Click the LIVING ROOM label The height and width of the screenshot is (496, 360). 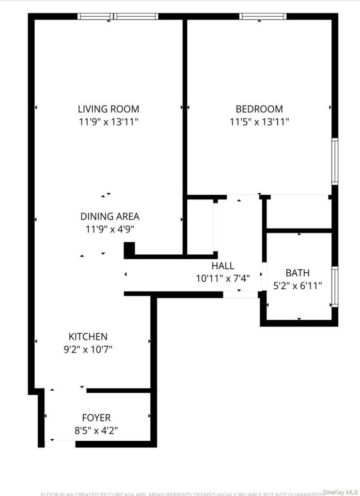click(x=108, y=109)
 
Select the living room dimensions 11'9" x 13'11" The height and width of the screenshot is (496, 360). click(x=108, y=122)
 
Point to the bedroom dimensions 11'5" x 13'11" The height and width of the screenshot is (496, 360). click(x=259, y=122)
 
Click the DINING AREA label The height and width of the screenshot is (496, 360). click(x=109, y=216)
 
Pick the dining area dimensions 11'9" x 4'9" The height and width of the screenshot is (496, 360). click(x=109, y=229)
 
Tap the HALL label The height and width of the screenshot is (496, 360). click(x=223, y=266)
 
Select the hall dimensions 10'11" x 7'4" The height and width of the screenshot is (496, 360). click(x=223, y=278)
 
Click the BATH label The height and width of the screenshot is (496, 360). click(x=298, y=273)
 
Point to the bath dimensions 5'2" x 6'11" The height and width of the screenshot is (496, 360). click(x=298, y=285)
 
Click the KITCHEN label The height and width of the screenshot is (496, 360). click(x=88, y=336)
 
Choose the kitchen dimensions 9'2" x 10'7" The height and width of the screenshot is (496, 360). click(x=88, y=349)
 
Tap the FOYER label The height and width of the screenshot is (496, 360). click(x=96, y=417)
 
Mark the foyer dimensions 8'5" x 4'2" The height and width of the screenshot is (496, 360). click(x=96, y=430)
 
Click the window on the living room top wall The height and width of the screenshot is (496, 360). click(x=118, y=17)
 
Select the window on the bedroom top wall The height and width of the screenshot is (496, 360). click(x=263, y=17)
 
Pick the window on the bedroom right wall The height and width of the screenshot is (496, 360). click(x=335, y=161)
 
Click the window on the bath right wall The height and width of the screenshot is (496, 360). click(x=335, y=287)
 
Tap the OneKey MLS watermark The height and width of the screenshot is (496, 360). click(x=340, y=492)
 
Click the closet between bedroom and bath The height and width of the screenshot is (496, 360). click(x=299, y=212)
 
